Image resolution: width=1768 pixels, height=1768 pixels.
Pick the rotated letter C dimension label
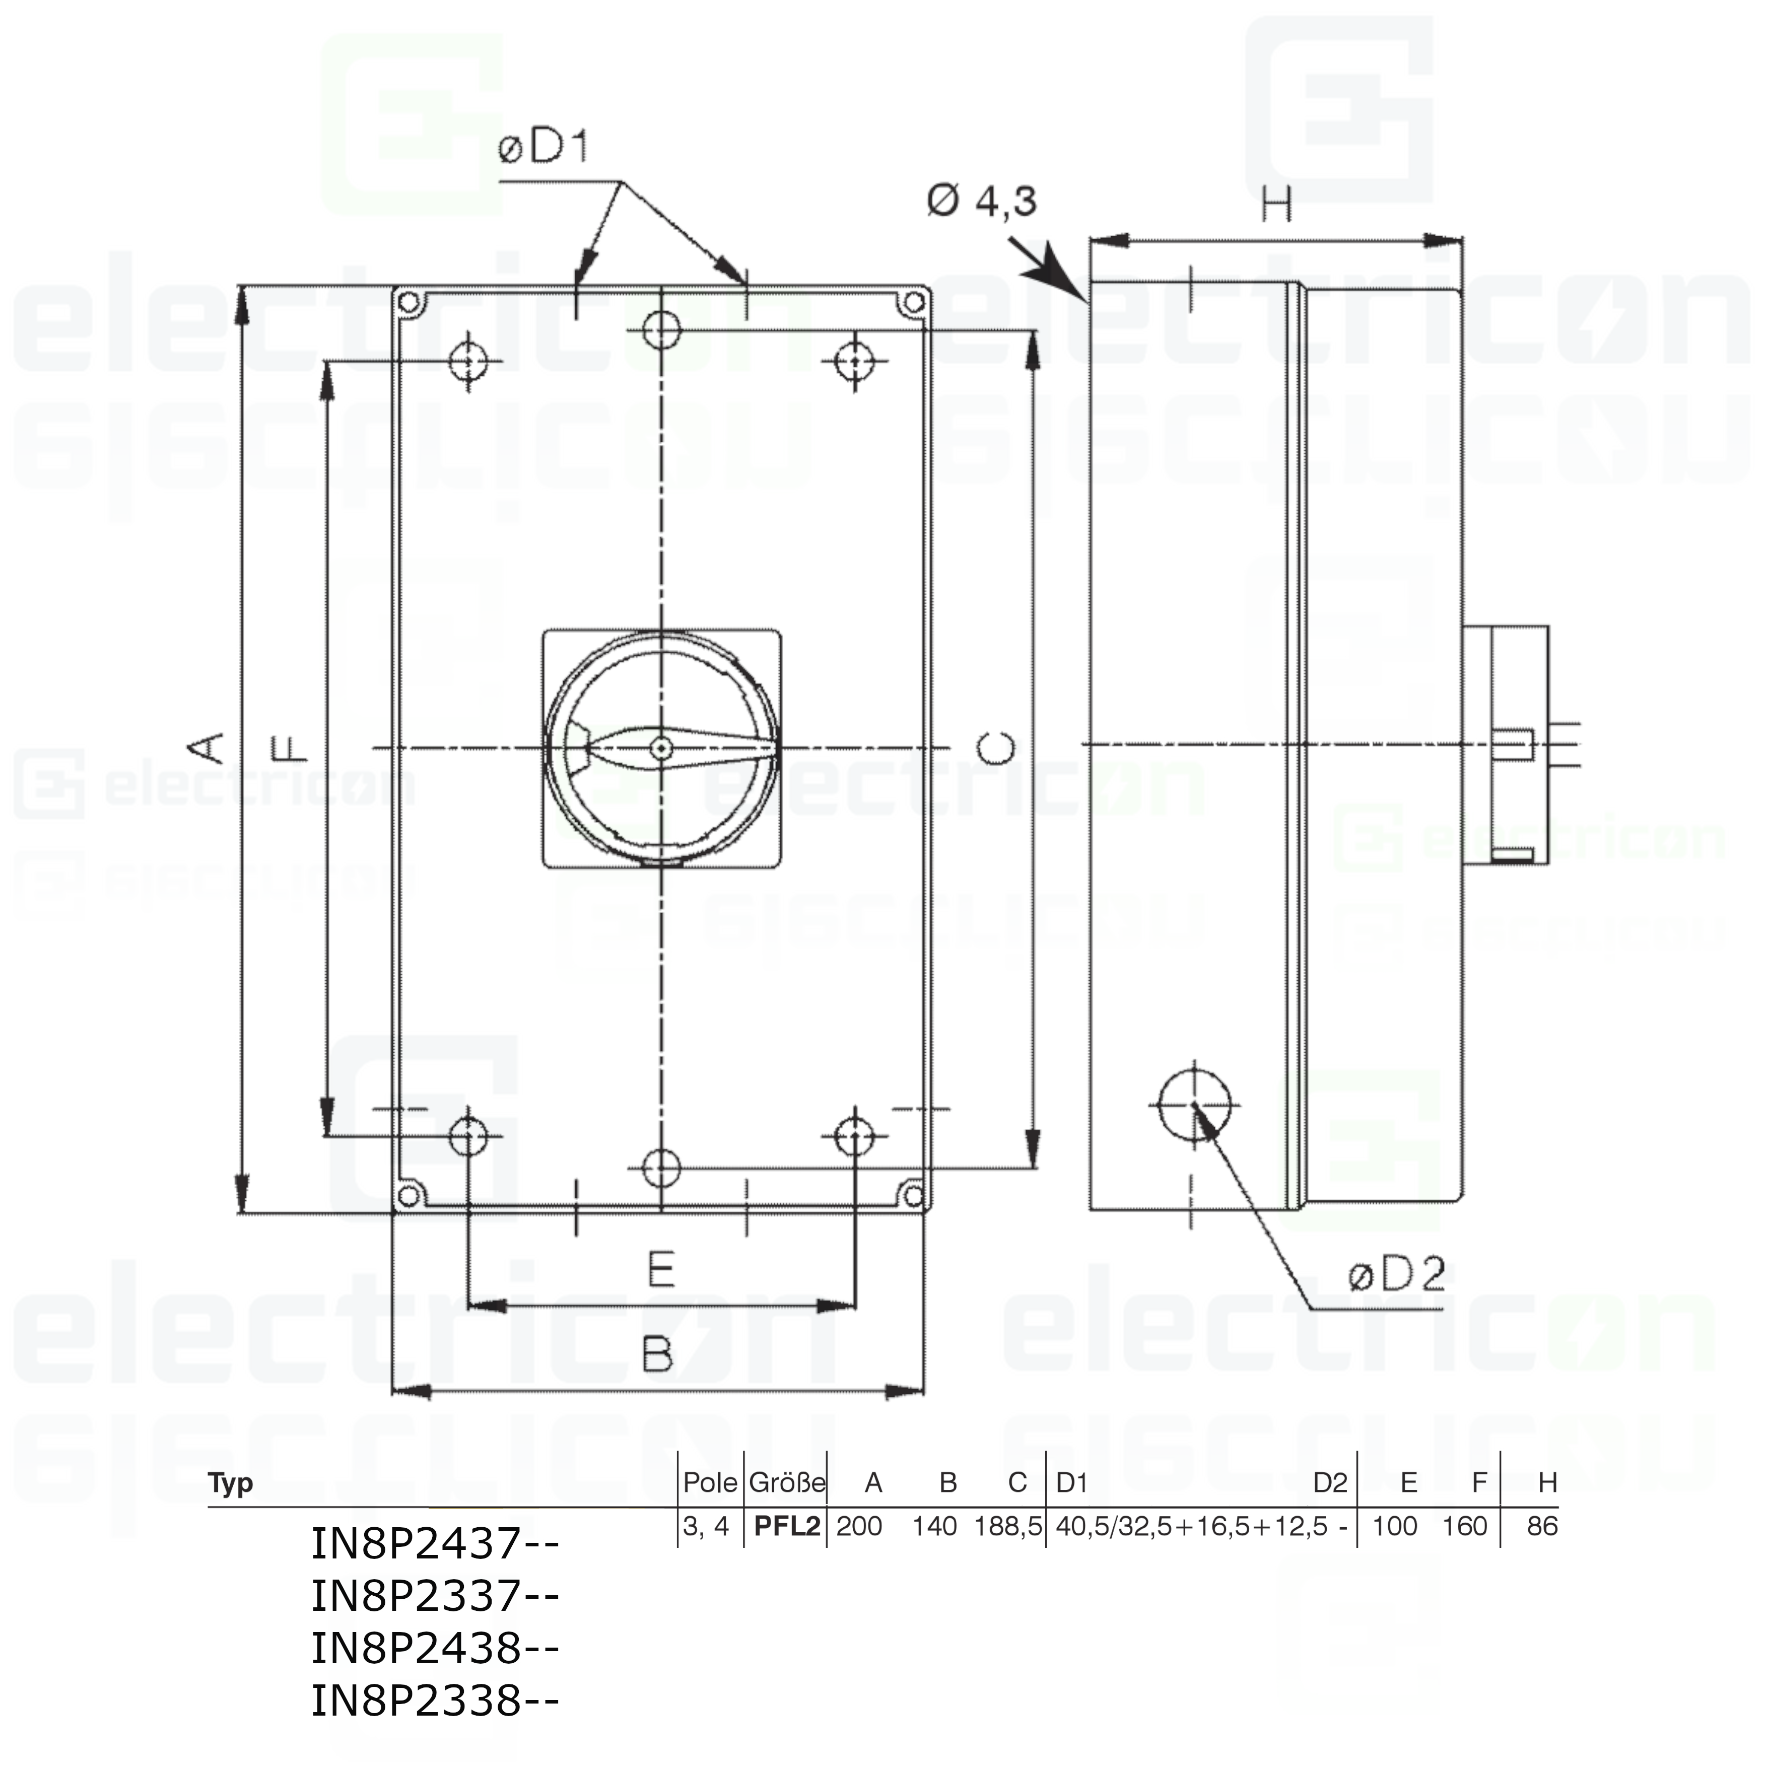point(997,749)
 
